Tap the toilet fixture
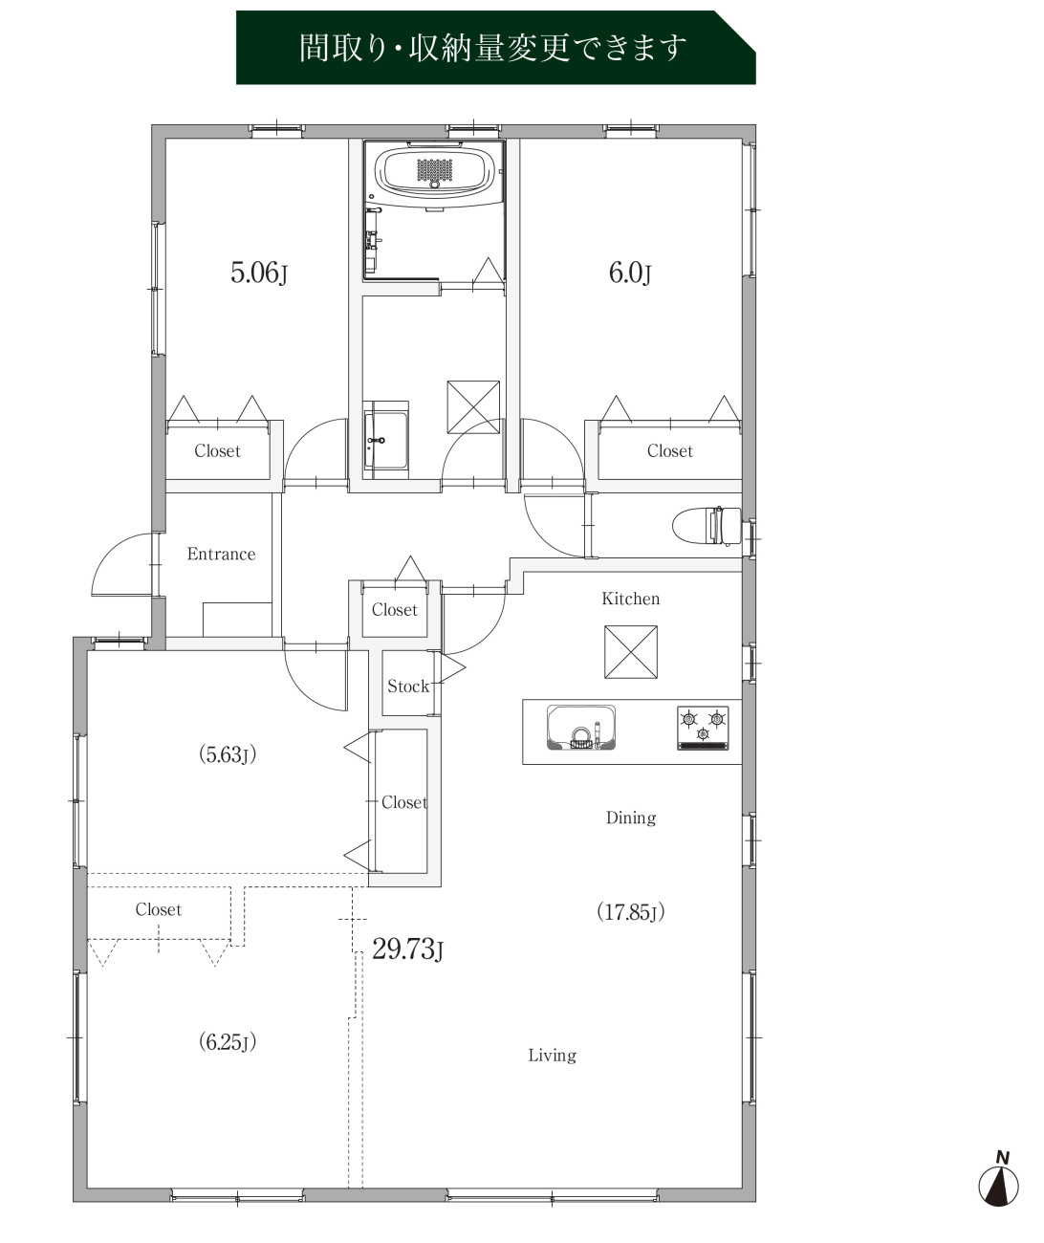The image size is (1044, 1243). [x=707, y=526]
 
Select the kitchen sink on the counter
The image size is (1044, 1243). [x=581, y=728]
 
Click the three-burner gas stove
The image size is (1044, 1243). [x=703, y=728]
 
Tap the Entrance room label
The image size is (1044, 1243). [x=221, y=555]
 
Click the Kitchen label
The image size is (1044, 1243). [x=630, y=599]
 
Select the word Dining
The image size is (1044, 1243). [x=631, y=818]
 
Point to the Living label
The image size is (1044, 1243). [x=552, y=1056]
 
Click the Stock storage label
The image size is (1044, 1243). [x=407, y=687]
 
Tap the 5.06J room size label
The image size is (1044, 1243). [x=259, y=273]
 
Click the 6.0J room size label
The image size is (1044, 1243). [x=629, y=273]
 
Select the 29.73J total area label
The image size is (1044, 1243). [x=407, y=949]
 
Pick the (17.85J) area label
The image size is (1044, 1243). [x=630, y=911]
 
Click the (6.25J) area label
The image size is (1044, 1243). [x=228, y=1042]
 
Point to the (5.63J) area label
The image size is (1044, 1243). [x=228, y=754]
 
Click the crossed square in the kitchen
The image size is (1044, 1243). [x=631, y=652]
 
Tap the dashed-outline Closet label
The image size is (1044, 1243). [x=159, y=909]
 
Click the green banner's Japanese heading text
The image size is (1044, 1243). [x=492, y=48]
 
